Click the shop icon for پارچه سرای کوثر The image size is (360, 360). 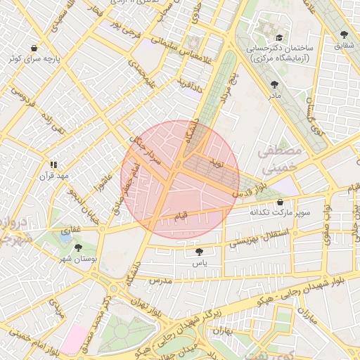[34, 49]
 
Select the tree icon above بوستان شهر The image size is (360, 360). [78, 247]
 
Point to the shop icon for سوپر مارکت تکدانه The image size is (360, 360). [280, 202]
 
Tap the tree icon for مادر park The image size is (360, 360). [273, 84]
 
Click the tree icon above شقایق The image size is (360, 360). [343, 34]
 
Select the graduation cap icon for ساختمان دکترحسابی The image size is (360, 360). [279, 37]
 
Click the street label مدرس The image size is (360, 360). [160, 281]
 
